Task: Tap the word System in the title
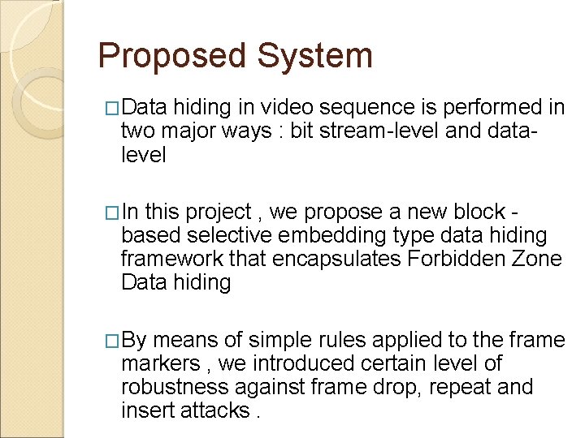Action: pos(314,57)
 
